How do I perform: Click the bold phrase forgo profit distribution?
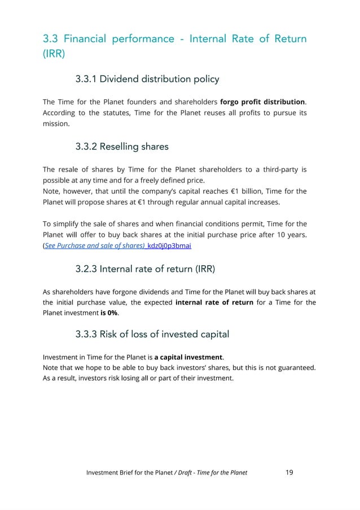[x=262, y=102]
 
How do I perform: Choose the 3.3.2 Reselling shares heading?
[x=121, y=147]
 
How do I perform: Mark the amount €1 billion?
[x=260, y=191]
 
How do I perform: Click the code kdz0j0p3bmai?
[x=169, y=245]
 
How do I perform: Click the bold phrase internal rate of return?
[x=214, y=302]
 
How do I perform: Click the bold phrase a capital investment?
[x=188, y=357]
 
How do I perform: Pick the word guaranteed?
[x=293, y=368]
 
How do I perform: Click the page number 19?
[x=289, y=472]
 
